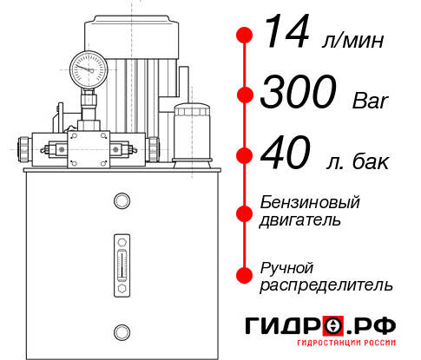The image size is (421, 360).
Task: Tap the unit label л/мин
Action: [x=352, y=40]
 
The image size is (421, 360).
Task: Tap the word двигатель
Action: [x=300, y=219]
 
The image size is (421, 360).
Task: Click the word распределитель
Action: [x=326, y=284]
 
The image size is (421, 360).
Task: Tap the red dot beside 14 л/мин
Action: [x=246, y=36]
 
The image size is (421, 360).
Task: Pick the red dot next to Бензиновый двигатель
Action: [x=246, y=212]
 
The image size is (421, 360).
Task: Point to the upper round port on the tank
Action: [x=122, y=202]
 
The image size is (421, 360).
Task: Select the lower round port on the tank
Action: [x=122, y=330]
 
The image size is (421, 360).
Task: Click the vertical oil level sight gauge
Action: [x=122, y=260]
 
